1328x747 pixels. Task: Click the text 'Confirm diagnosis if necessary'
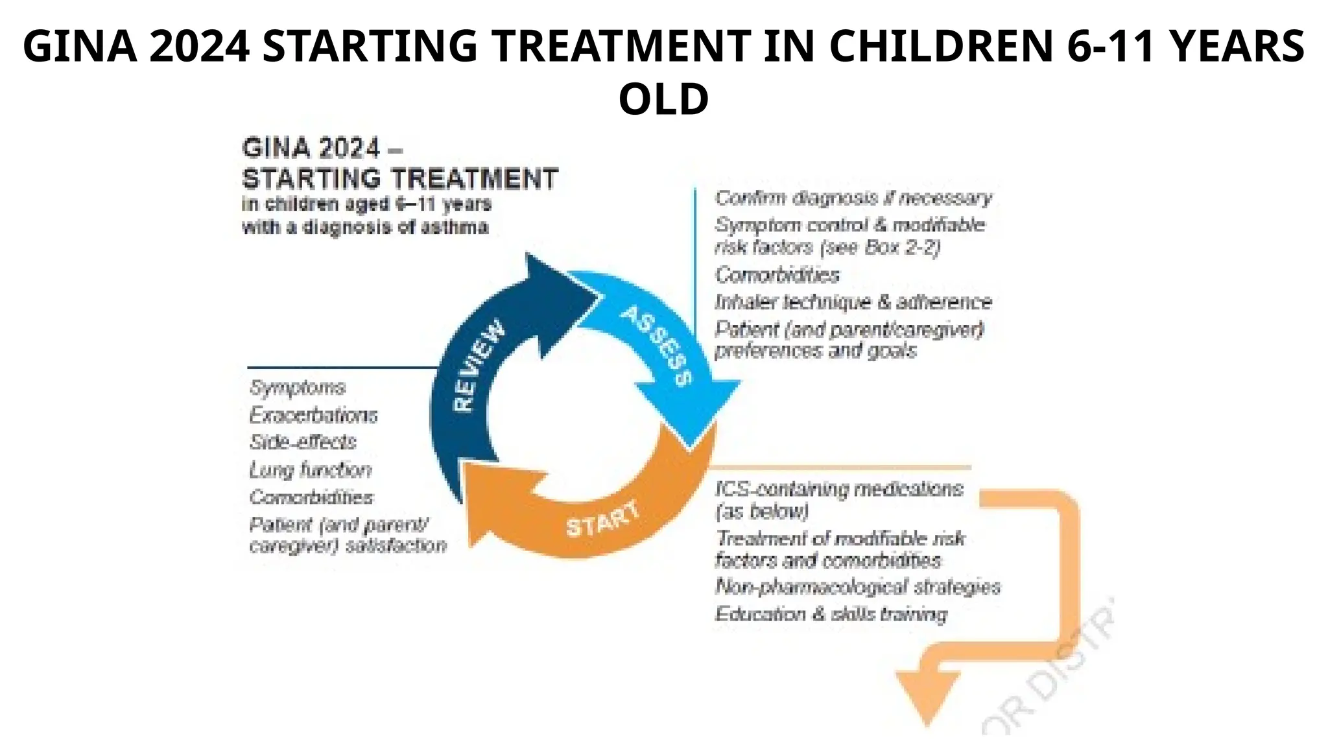[x=853, y=198]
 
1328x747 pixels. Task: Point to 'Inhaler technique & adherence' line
[x=853, y=302]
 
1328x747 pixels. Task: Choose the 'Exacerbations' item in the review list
[x=313, y=415]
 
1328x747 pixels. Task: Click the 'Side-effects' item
[x=303, y=442]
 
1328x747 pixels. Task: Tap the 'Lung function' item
[x=311, y=470]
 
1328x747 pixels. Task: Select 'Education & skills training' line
[x=831, y=614]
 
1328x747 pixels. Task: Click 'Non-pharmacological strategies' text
[x=857, y=587]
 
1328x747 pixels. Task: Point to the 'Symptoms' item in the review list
[x=298, y=388]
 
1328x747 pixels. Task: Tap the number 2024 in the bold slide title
[x=199, y=46]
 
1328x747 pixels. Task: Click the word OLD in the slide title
[x=663, y=99]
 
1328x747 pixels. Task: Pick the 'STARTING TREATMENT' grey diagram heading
[x=399, y=178]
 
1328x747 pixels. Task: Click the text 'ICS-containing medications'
[x=839, y=489]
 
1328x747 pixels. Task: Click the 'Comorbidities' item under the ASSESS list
[x=777, y=275]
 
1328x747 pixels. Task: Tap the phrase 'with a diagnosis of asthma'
[x=365, y=228]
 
